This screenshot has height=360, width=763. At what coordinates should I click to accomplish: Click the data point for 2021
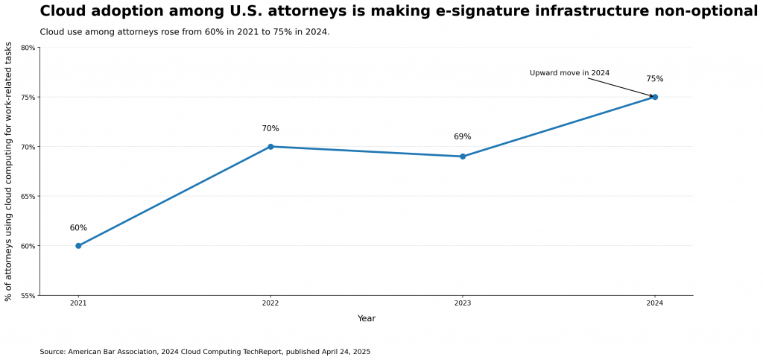78,246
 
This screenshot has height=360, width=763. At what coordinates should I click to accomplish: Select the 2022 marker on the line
270,147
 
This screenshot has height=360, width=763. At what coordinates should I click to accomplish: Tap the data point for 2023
463,157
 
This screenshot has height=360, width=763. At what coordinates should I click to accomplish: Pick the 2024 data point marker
655,97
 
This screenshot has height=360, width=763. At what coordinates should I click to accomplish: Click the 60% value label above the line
78,228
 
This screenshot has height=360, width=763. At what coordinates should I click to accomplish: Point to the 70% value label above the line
270,129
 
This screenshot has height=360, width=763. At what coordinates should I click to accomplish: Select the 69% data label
463,137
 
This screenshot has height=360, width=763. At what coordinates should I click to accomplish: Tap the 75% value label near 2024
655,79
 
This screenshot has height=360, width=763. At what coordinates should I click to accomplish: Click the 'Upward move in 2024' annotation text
569,73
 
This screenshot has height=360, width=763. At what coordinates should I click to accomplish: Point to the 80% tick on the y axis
28,48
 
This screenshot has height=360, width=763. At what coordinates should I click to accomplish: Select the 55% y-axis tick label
28,296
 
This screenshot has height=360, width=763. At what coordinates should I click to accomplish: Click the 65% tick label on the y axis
28,197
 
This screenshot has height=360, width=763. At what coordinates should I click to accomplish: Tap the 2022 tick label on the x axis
270,303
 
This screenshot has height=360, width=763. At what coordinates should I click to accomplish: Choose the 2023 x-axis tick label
463,303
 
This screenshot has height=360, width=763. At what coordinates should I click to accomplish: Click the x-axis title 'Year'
367,319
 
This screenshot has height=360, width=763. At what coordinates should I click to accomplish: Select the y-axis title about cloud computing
9,171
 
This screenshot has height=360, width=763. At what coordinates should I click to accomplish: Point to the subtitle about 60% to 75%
185,32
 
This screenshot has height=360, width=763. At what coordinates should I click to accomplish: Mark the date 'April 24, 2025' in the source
344,352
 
